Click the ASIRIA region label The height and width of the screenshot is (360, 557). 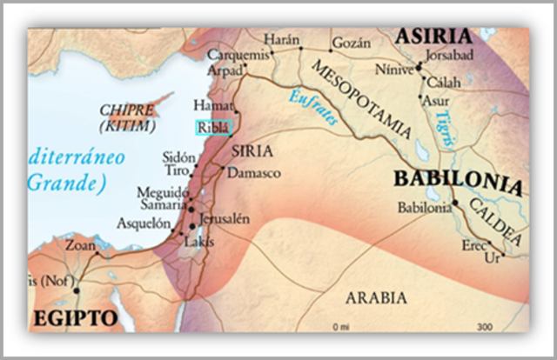click(x=434, y=37)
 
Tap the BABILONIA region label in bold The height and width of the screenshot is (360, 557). click(x=458, y=183)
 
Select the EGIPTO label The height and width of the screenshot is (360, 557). click(x=75, y=318)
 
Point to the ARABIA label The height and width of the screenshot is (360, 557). click(x=376, y=298)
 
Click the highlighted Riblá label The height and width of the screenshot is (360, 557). click(x=213, y=127)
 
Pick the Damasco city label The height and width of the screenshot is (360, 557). click(x=254, y=173)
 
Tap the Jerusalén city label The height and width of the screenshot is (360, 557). click(x=225, y=218)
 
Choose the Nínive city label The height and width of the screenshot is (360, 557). click(x=396, y=67)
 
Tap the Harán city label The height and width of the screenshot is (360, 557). click(x=282, y=40)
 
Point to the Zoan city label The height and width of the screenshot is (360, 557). click(x=81, y=245)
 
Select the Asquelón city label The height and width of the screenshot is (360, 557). click(x=145, y=223)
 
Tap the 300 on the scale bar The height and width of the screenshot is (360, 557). click(x=485, y=327)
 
